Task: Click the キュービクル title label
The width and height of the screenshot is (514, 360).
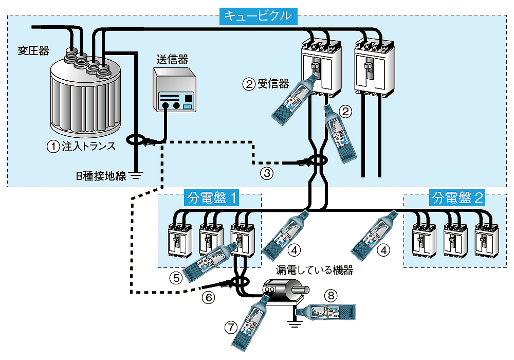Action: click(259, 16)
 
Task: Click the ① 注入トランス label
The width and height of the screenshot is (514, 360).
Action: click(81, 146)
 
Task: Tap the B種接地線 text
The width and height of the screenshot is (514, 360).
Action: click(101, 176)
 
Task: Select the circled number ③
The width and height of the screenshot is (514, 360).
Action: click(266, 173)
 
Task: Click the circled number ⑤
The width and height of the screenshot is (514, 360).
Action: click(175, 278)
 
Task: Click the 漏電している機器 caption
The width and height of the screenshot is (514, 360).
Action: click(315, 271)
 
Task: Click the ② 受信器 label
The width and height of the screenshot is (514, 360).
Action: click(266, 84)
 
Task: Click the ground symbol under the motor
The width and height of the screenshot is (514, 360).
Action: click(293, 323)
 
